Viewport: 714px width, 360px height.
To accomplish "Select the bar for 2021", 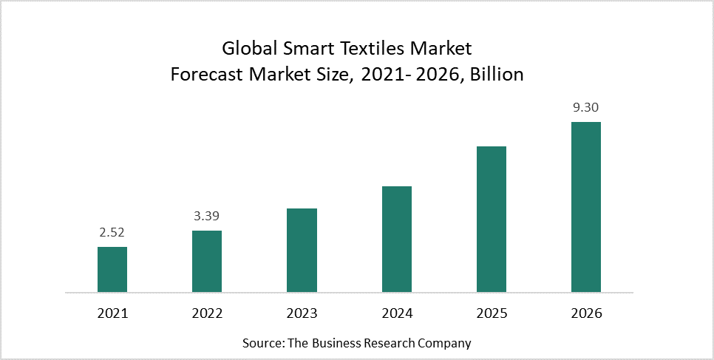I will coord(112,269).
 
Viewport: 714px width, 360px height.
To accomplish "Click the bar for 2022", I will coord(207,261).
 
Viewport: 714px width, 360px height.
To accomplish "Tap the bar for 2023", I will coord(302,250).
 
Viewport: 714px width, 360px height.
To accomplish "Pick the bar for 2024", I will coord(397,239).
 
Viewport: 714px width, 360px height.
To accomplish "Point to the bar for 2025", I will coord(492,219).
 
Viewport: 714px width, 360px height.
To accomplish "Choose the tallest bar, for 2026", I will coord(586,207).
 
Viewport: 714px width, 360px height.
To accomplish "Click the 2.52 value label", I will coord(112,233).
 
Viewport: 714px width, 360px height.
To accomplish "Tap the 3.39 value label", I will coord(207,217).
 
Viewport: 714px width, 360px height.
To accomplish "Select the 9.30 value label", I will coord(586,108).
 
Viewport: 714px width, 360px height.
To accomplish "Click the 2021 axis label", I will coord(112,313).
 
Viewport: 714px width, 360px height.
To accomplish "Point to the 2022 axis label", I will coord(207,313).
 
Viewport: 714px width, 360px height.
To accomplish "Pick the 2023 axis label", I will coord(302,313).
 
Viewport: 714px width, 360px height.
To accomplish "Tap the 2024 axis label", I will coord(397,313).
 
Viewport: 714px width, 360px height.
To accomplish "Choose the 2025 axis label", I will coord(492,313).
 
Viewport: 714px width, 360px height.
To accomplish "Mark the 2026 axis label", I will coord(586,313).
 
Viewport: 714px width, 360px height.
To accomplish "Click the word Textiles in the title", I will coord(365,50).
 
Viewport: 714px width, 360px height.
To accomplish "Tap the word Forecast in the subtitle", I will coord(205,75).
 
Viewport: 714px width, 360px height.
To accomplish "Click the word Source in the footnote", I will coord(262,343).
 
